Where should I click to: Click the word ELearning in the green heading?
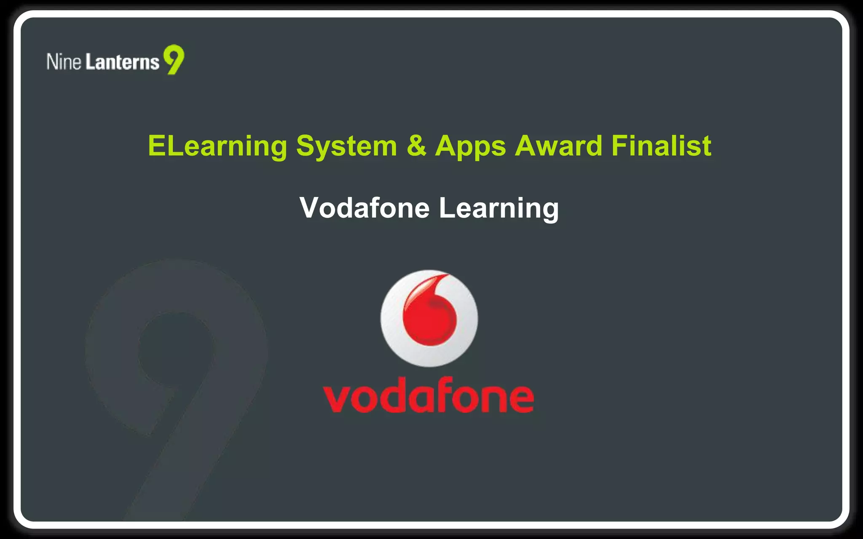click(x=217, y=147)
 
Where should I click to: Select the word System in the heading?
click(x=346, y=147)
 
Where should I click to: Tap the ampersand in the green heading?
click(x=416, y=146)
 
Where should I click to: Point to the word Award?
click(x=558, y=146)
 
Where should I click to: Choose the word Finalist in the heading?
click(x=662, y=146)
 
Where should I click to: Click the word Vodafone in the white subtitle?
click(x=364, y=208)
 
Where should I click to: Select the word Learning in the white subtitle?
click(x=499, y=208)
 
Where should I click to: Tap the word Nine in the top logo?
click(x=64, y=61)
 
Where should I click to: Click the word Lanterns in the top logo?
click(x=123, y=62)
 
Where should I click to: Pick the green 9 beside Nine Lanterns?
click(x=174, y=59)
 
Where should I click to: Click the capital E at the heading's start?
click(x=157, y=146)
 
